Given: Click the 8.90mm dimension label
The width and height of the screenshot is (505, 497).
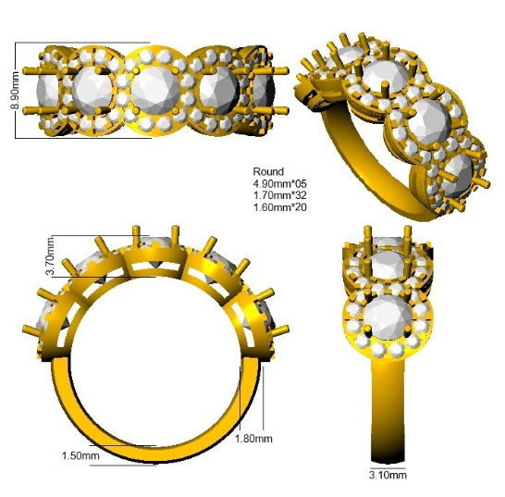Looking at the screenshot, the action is (15, 91).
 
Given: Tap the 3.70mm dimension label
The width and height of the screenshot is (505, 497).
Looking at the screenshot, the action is (51, 256).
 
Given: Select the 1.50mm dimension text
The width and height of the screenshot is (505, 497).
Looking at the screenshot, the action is (80, 455).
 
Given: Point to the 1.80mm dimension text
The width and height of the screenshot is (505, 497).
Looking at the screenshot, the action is (253, 439).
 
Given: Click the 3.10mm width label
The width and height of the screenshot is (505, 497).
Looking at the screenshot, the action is (388, 475).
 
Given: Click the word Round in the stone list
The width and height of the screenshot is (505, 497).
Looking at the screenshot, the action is (268, 171).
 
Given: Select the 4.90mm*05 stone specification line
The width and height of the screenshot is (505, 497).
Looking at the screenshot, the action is (280, 183).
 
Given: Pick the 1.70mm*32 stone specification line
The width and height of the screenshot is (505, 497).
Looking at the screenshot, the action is (280, 195).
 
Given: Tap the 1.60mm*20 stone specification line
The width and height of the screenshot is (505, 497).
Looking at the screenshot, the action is (280, 207).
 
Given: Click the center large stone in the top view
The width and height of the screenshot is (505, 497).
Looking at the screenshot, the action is (155, 91).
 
